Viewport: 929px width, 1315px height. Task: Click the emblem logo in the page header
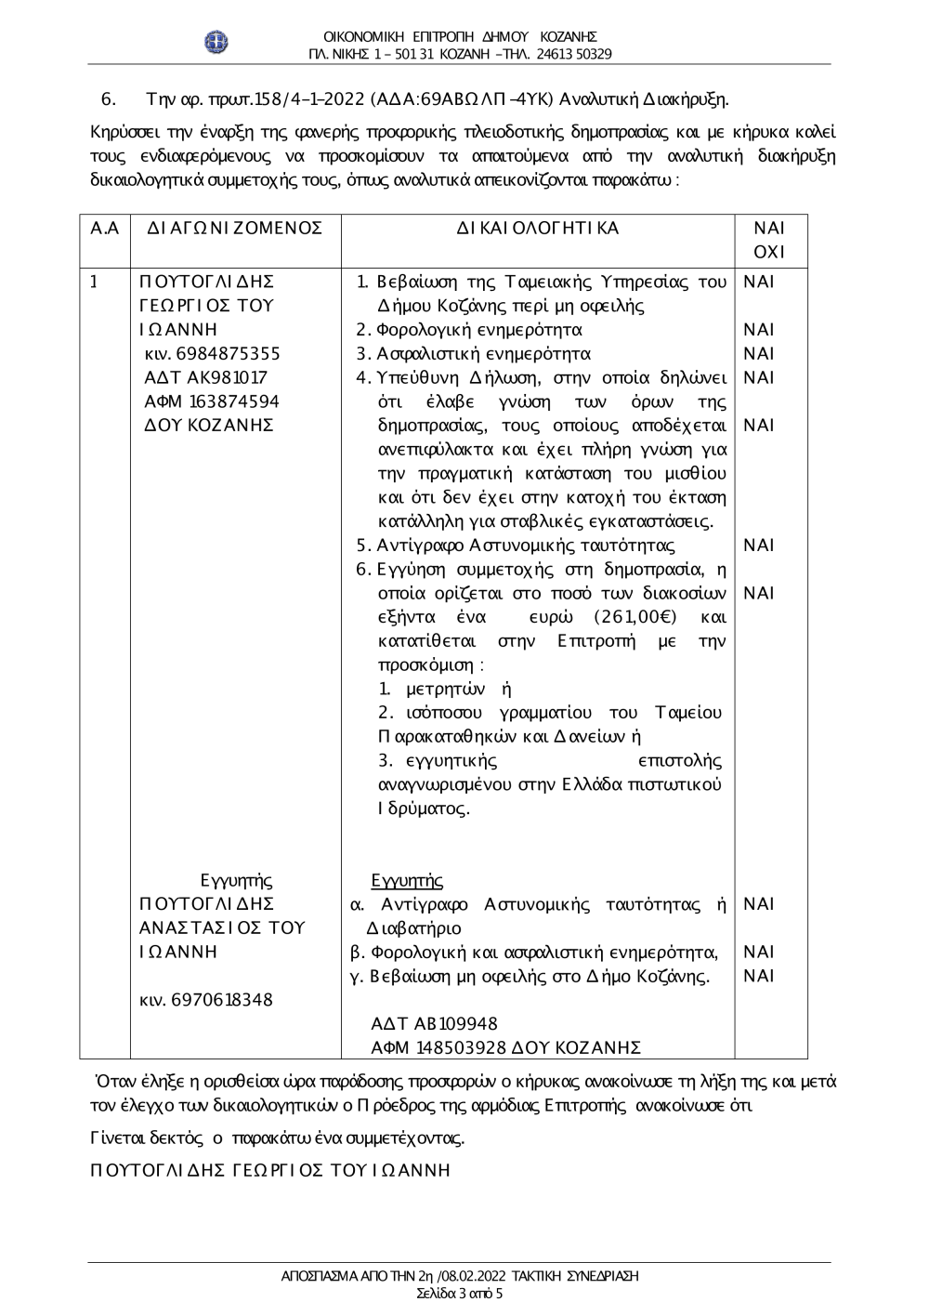(x=217, y=43)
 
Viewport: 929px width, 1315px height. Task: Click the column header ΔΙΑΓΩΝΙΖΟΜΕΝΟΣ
(x=234, y=229)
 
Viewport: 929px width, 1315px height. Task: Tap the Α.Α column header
(x=105, y=229)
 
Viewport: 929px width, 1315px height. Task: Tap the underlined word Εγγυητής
(x=406, y=881)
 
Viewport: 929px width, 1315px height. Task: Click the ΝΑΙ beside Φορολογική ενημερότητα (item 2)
(x=759, y=330)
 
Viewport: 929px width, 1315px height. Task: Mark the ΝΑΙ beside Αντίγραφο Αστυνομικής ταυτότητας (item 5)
(x=759, y=546)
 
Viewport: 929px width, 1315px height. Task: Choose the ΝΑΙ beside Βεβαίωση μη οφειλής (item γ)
(x=759, y=976)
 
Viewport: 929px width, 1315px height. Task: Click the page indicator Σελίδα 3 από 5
(x=459, y=1294)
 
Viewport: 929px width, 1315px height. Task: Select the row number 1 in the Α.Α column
(x=94, y=282)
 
